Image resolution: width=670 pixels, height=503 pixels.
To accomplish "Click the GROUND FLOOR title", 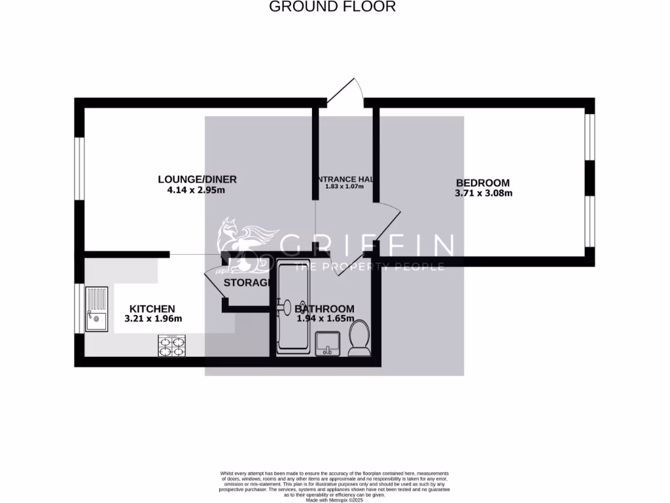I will pos(332,7).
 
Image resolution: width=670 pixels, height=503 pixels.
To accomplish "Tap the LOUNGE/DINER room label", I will pos(197,179).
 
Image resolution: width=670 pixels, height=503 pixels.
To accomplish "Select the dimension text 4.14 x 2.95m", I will pos(196,191).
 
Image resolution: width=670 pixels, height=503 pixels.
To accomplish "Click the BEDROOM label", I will pos(483,183).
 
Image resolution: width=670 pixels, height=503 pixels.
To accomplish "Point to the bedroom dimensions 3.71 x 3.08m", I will pos(483,193).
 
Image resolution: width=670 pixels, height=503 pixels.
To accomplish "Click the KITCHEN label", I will pos(152,308).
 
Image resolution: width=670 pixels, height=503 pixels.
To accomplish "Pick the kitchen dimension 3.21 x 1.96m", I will pos(153,319).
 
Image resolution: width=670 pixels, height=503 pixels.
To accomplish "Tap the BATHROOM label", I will pos(325,308).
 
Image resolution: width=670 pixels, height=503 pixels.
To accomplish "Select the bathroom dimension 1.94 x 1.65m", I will pos(325,319).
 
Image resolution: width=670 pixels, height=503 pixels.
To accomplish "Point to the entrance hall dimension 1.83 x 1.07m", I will pos(344,187).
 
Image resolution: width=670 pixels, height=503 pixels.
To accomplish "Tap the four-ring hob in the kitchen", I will pos(171,345).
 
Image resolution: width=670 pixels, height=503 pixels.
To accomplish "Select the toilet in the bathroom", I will pos(359,339).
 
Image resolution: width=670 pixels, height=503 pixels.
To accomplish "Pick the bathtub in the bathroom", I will pos(293,308).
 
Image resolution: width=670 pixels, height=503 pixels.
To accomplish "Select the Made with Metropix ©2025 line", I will pos(334,500).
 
